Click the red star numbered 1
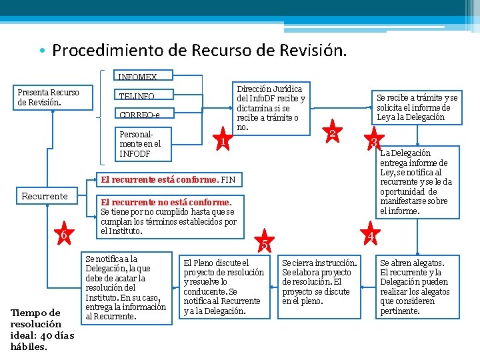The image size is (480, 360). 224,141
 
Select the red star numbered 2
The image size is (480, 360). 331,133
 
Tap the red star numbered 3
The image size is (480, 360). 375,142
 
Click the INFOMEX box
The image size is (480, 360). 138,77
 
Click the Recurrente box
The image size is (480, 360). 45,196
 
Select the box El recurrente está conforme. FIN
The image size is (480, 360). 167,179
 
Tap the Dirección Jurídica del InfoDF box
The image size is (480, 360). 270,107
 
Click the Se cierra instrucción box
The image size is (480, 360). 319,282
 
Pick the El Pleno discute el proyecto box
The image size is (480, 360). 224,287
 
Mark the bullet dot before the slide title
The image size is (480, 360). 41,51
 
